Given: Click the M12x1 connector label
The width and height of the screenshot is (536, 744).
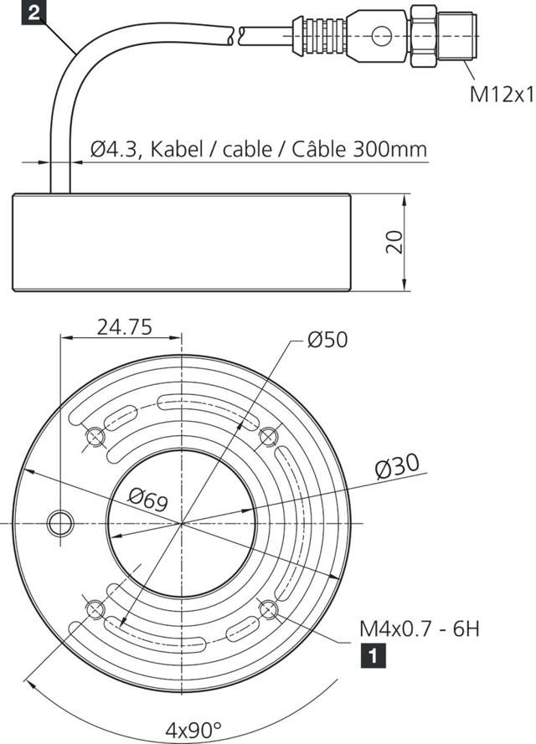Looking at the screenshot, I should point(500,94).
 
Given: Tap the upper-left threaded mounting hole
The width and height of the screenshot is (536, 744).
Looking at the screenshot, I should point(95,436).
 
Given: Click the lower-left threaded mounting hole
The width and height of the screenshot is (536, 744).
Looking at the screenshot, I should point(94,608).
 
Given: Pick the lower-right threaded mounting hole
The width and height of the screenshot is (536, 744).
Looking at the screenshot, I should point(268,608).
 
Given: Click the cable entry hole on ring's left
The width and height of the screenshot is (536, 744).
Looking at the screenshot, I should point(60,521).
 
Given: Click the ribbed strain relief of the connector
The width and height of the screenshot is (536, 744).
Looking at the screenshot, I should point(322,35).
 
